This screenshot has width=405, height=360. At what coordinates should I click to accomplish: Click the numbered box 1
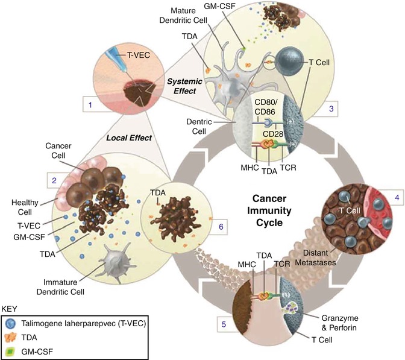coord(90,105)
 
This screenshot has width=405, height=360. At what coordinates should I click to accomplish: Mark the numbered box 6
coord(204,227)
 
